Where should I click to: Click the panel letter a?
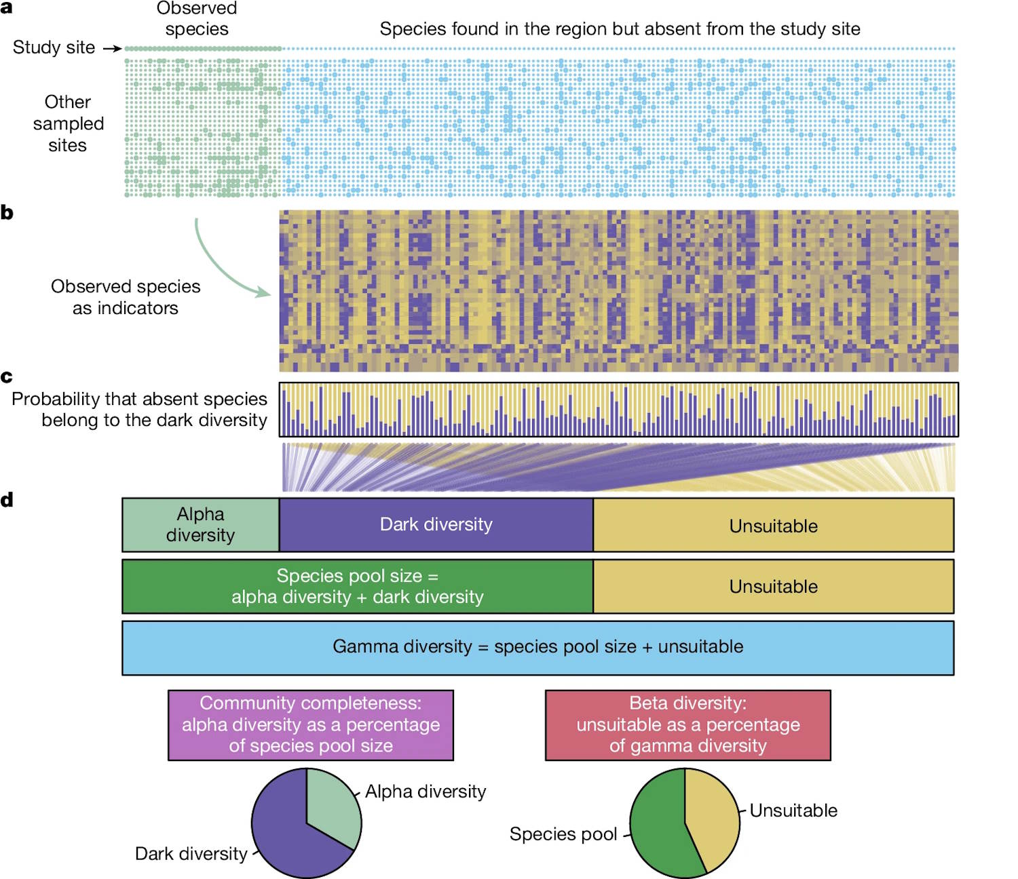point(6,7)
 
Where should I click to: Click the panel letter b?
point(7,213)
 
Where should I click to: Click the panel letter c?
point(7,377)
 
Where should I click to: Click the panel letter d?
point(7,501)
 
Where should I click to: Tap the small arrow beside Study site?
point(112,49)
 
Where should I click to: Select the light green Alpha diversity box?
point(201,525)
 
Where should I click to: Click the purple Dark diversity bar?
point(436,525)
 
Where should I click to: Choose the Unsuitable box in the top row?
point(774,525)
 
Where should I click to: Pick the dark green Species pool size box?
point(358,587)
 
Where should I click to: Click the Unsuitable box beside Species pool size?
point(774,587)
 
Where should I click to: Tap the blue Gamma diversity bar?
point(538,648)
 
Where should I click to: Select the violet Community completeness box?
point(311,725)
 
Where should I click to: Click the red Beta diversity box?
point(688,725)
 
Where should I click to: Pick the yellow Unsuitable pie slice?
point(713,817)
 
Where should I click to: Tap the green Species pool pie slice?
point(658,827)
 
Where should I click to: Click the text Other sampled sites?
point(68,123)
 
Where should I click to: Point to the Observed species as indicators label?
point(126,297)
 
